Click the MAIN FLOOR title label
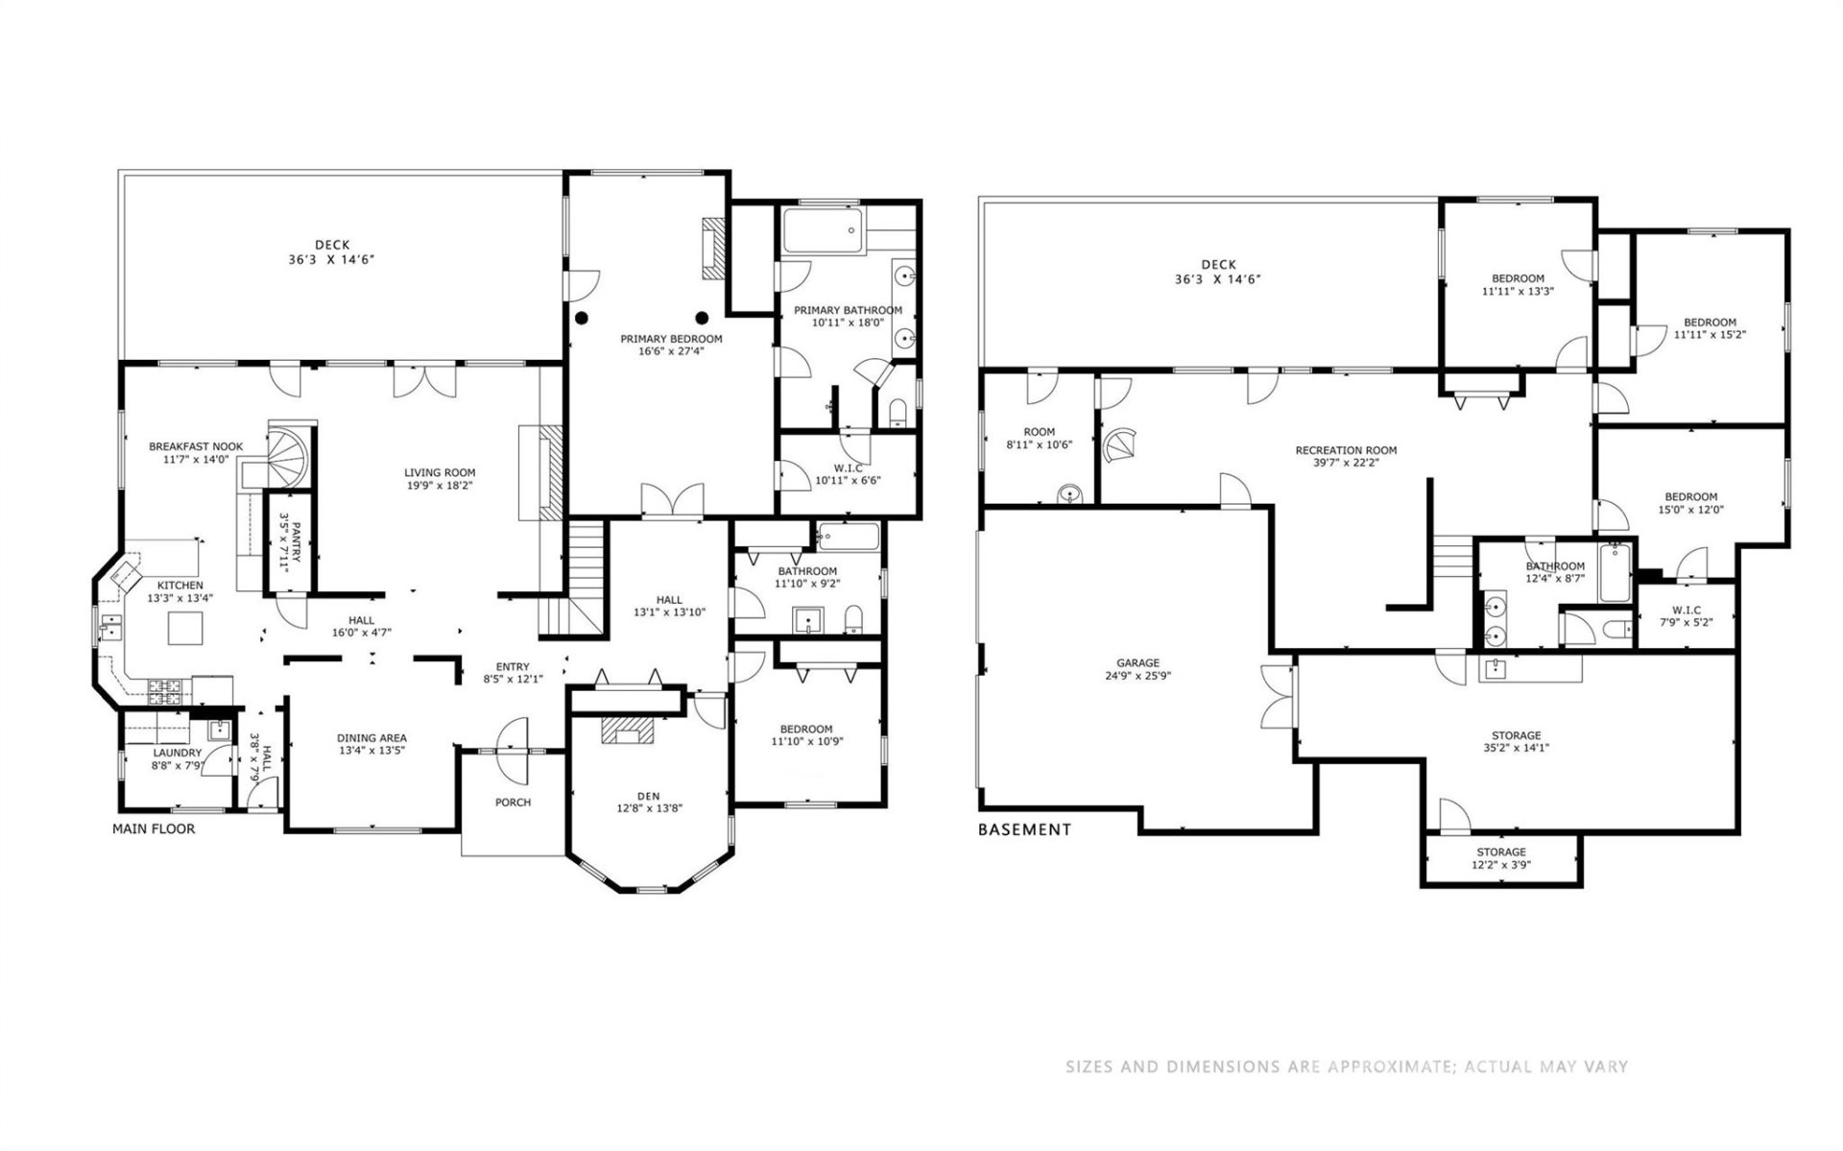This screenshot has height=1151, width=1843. click(x=154, y=828)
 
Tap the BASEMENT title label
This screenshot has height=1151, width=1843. click(x=1024, y=829)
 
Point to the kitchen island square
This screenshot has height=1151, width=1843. click(x=183, y=629)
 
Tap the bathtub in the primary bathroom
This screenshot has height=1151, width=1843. click(x=823, y=230)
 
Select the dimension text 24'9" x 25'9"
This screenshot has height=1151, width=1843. click(x=1137, y=675)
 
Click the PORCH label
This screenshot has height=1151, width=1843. click(x=513, y=803)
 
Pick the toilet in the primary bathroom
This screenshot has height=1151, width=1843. click(x=898, y=413)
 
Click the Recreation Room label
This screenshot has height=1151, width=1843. click(x=1346, y=449)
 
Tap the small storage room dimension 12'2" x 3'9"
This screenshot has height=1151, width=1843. click(x=1500, y=864)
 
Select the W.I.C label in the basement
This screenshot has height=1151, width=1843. click(x=1686, y=610)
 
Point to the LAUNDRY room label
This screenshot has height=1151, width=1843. click(x=177, y=753)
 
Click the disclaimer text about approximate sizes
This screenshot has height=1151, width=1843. click(x=1346, y=1067)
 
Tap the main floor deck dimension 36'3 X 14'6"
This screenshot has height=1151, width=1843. click(x=332, y=259)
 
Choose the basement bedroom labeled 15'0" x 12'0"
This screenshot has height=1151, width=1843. click(x=1690, y=503)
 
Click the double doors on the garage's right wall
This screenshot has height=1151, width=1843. click(x=1279, y=695)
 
